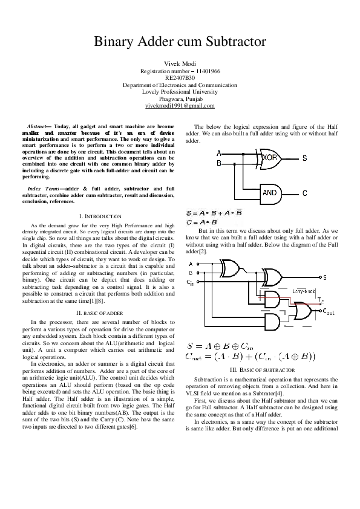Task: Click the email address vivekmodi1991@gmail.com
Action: (180, 106)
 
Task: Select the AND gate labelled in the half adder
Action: (270, 193)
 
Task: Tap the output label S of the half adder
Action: (304, 158)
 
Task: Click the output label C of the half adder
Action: (304, 193)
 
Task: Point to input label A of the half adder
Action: (218, 152)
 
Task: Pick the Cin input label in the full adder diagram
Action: (191, 282)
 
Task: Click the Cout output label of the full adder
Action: (328, 311)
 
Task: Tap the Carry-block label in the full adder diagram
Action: (304, 291)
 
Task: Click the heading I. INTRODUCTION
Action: (100, 216)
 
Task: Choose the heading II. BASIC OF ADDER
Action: (100, 313)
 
